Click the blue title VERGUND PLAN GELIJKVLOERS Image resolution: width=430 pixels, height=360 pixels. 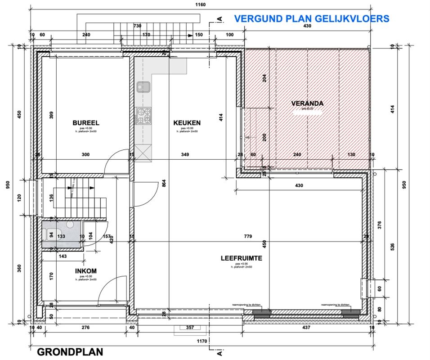coord(312,18)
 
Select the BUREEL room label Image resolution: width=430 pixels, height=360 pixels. coord(85,122)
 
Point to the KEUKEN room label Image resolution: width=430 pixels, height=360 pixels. coord(187,122)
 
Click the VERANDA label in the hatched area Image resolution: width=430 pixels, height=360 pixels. coord(307,103)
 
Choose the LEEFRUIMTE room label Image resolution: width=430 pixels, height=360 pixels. coord(241,258)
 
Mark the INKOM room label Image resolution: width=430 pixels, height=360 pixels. coord(85,271)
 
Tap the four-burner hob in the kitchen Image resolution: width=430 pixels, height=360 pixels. coord(144,115)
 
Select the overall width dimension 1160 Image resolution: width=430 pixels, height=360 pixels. coord(201,4)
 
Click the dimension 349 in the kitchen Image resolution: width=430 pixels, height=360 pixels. coord(185,155)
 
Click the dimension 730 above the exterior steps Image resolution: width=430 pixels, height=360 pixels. coord(138,26)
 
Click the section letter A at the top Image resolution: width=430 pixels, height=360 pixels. coord(219,19)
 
